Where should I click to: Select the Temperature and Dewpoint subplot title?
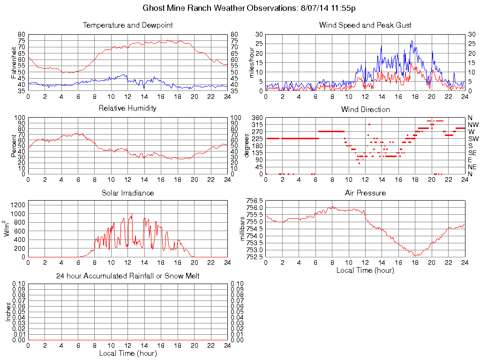pyautogui.click(x=127, y=25)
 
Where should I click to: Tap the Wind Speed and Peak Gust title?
pyautogui.click(x=365, y=25)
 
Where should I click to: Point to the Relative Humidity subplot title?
pyautogui.click(x=127, y=108)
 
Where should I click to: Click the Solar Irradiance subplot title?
pyautogui.click(x=127, y=193)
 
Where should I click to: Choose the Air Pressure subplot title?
pyautogui.click(x=365, y=193)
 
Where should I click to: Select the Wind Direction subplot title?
pyautogui.click(x=365, y=109)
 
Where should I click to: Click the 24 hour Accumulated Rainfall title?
pyautogui.click(x=127, y=276)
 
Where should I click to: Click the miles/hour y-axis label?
pyautogui.click(x=251, y=62)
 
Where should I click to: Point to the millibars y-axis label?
pyautogui.click(x=242, y=229)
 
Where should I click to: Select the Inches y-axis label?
pyautogui.click(x=8, y=312)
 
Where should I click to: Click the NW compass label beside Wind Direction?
pyautogui.click(x=472, y=125)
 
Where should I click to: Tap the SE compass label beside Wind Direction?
pyautogui.click(x=472, y=153)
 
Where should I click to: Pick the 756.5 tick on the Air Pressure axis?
pyautogui.click(x=254, y=200)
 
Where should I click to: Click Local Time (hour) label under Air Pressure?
pyautogui.click(x=365, y=270)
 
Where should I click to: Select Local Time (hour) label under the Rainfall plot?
pyautogui.click(x=127, y=353)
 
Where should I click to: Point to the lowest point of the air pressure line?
pyautogui.click(x=416, y=255)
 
